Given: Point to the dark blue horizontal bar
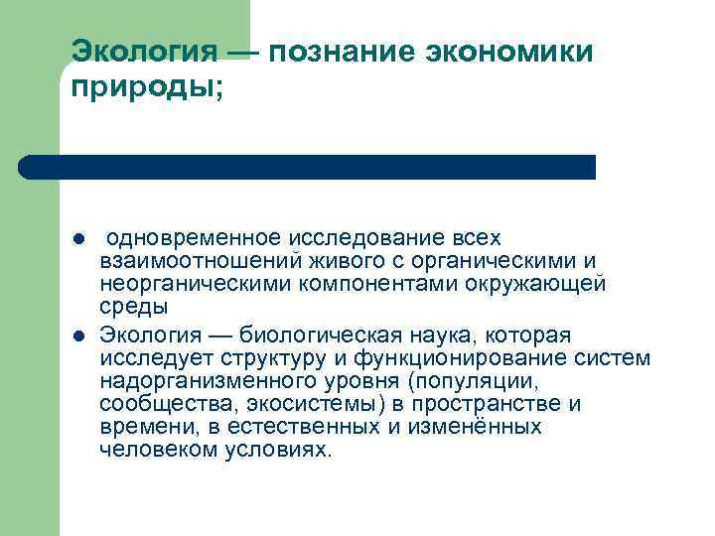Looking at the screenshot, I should click(x=308, y=167).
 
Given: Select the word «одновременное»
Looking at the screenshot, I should click(x=194, y=238).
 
